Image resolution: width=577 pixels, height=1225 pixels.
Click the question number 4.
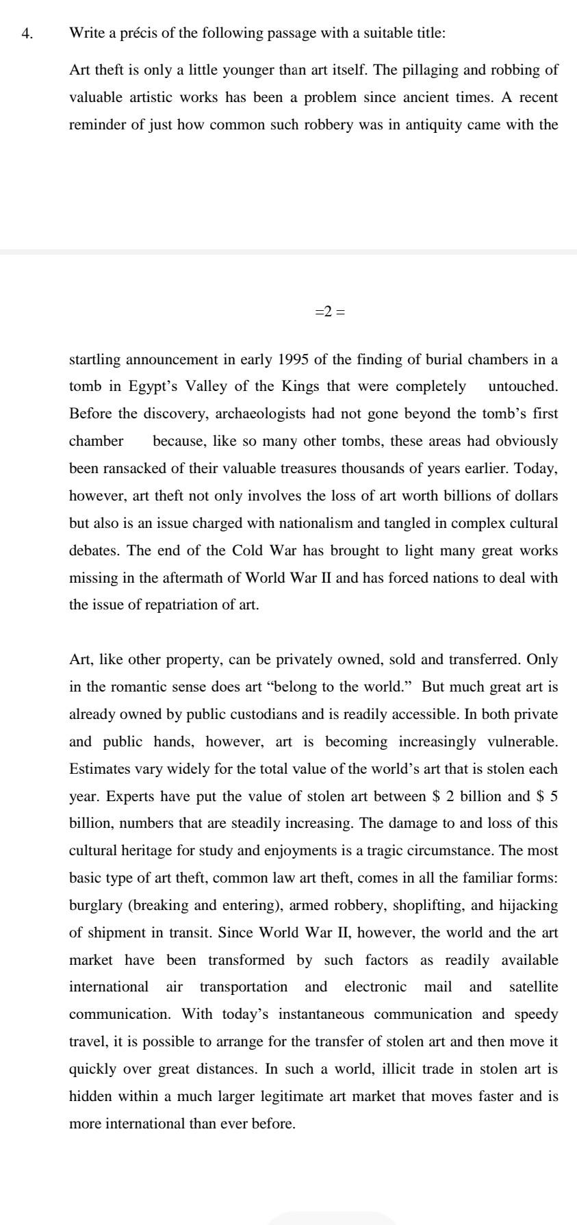click(26, 34)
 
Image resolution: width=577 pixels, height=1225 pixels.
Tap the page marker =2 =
click(330, 312)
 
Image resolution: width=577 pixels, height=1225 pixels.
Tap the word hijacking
click(527, 906)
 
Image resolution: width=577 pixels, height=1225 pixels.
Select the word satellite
click(533, 987)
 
